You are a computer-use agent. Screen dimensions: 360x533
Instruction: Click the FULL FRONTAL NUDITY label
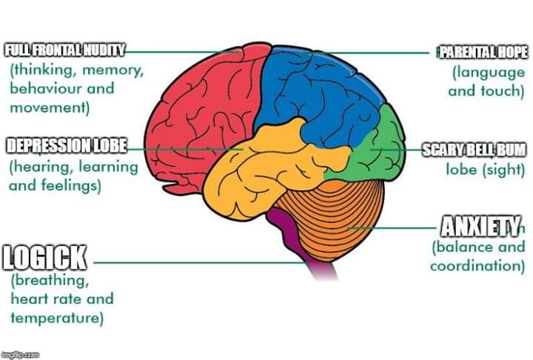[x=64, y=51]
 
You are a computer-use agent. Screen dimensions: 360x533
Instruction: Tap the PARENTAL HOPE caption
[x=483, y=52]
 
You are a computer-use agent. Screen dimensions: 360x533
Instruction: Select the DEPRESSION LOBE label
[x=66, y=145]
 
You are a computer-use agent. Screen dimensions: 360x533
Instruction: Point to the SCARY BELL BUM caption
[x=474, y=150]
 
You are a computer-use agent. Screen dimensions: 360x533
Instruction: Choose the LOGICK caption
[x=45, y=259]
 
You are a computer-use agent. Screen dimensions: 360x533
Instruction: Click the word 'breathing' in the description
[x=50, y=281]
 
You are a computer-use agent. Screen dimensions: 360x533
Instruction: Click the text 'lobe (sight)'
[x=485, y=168]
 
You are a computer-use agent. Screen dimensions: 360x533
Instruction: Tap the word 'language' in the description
[x=489, y=73]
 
